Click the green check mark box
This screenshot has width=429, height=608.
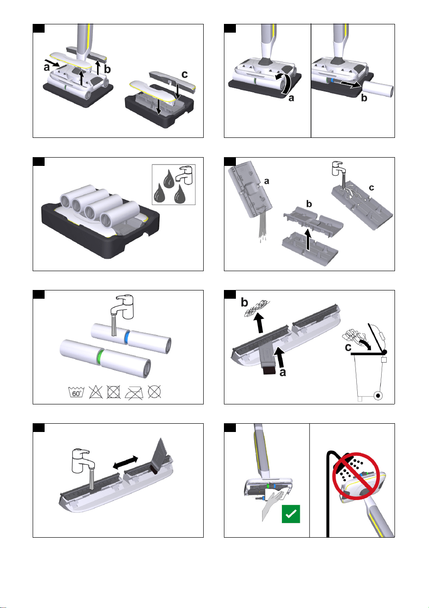(291, 514)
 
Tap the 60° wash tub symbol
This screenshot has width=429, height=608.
(76, 392)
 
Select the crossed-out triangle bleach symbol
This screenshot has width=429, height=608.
(96, 392)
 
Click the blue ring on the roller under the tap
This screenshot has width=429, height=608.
(126, 338)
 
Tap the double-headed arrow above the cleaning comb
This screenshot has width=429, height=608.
(125, 462)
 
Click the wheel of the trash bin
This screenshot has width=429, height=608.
(378, 396)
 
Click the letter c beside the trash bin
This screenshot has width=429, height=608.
(348, 347)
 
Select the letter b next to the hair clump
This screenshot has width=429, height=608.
(244, 302)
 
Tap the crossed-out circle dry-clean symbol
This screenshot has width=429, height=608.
(154, 392)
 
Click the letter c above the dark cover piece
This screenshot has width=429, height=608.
(185, 74)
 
